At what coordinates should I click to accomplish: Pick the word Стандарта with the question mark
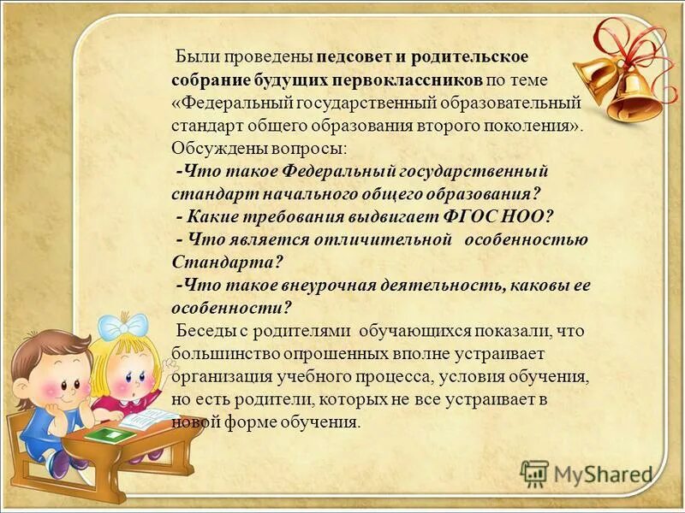click(227, 262)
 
